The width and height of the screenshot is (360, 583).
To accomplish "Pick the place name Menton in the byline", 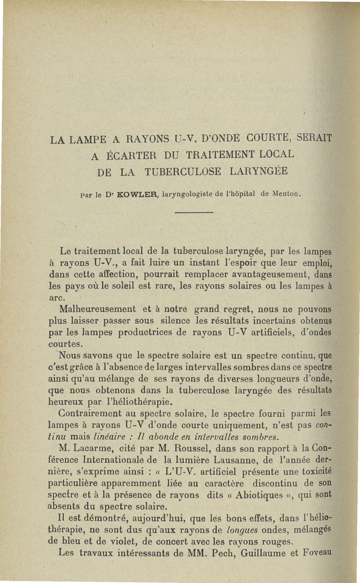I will point(283,194).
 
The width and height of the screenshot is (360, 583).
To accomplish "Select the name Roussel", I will point(206,448).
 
